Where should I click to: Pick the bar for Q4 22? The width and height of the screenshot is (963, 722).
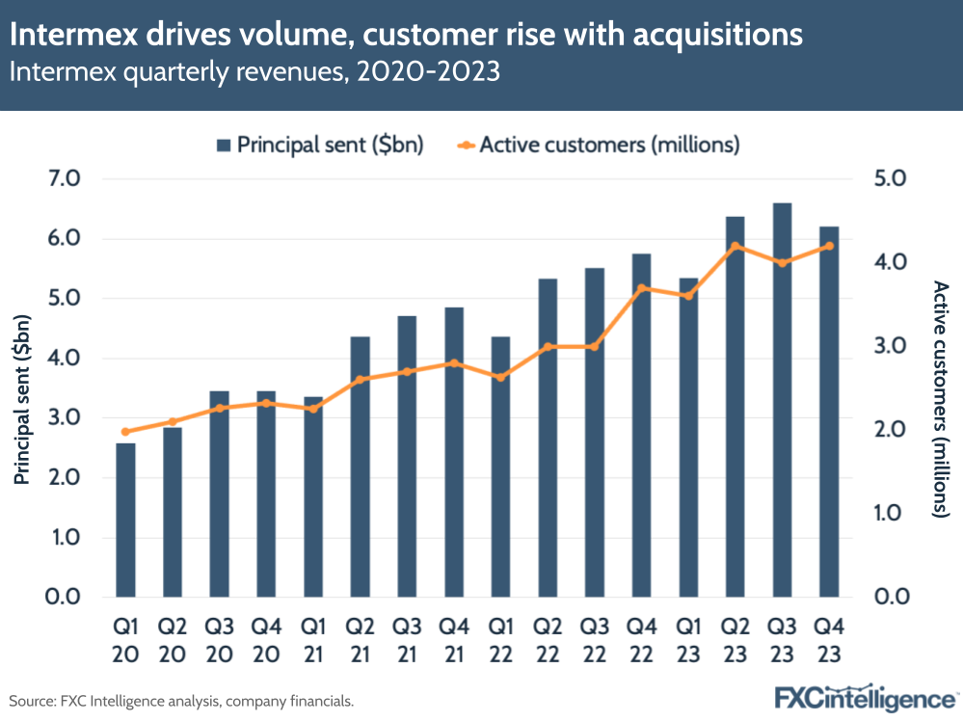641,424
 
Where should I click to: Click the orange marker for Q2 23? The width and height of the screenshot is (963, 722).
736,246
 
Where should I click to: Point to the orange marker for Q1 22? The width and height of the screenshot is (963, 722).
500,377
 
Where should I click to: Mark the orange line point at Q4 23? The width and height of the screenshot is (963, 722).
829,246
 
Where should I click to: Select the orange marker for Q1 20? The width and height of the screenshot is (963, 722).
125,432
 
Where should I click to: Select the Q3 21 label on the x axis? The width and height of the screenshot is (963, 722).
406,641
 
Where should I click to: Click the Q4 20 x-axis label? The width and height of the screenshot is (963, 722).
266,641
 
